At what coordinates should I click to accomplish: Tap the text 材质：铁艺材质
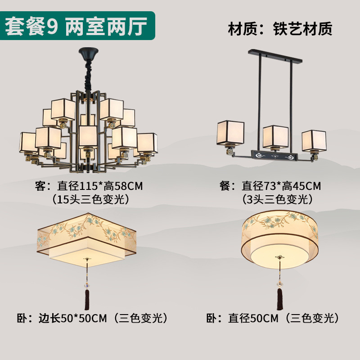[280, 29]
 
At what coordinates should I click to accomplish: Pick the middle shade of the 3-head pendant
[276, 137]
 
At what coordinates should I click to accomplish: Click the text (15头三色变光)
[91, 199]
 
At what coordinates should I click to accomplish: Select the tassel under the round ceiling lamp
[279, 298]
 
